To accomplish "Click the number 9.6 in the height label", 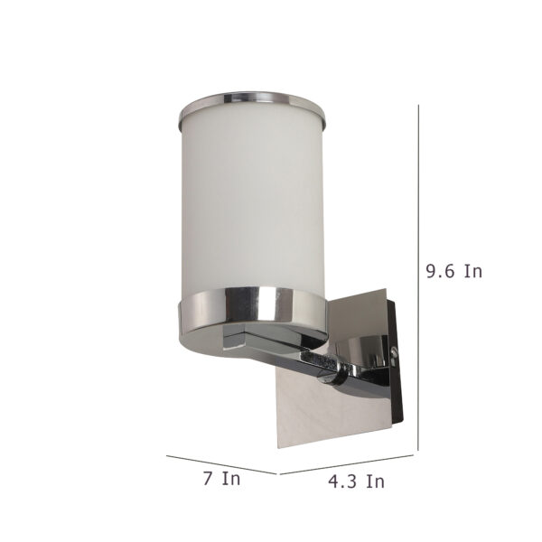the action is tap(439, 271).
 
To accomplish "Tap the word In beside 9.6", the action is tap(472, 271).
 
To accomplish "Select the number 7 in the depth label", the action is tap(208, 479).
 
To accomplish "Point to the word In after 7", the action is tap(231, 479).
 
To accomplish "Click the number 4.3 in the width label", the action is tap(342, 481).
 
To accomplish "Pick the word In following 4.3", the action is tap(376, 481).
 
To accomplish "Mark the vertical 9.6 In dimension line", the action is tap(418, 277).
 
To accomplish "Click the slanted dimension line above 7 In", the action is tap(221, 465).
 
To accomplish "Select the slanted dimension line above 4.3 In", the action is tap(347, 464).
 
